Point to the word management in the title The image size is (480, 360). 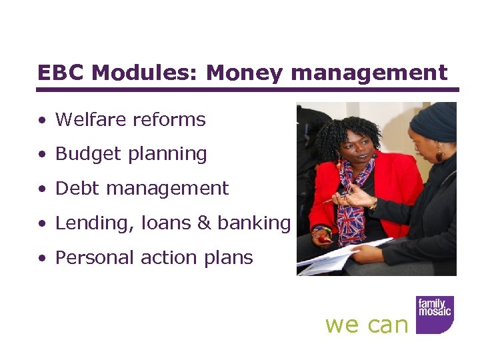(x=369, y=73)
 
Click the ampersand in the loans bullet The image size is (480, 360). (x=203, y=223)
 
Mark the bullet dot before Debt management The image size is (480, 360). (x=42, y=189)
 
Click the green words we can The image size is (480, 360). (x=366, y=325)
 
